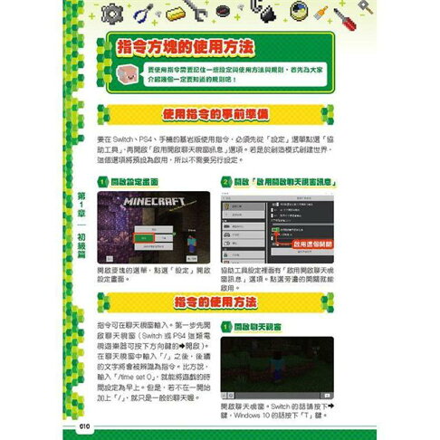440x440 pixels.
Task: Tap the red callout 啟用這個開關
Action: point(310,243)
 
